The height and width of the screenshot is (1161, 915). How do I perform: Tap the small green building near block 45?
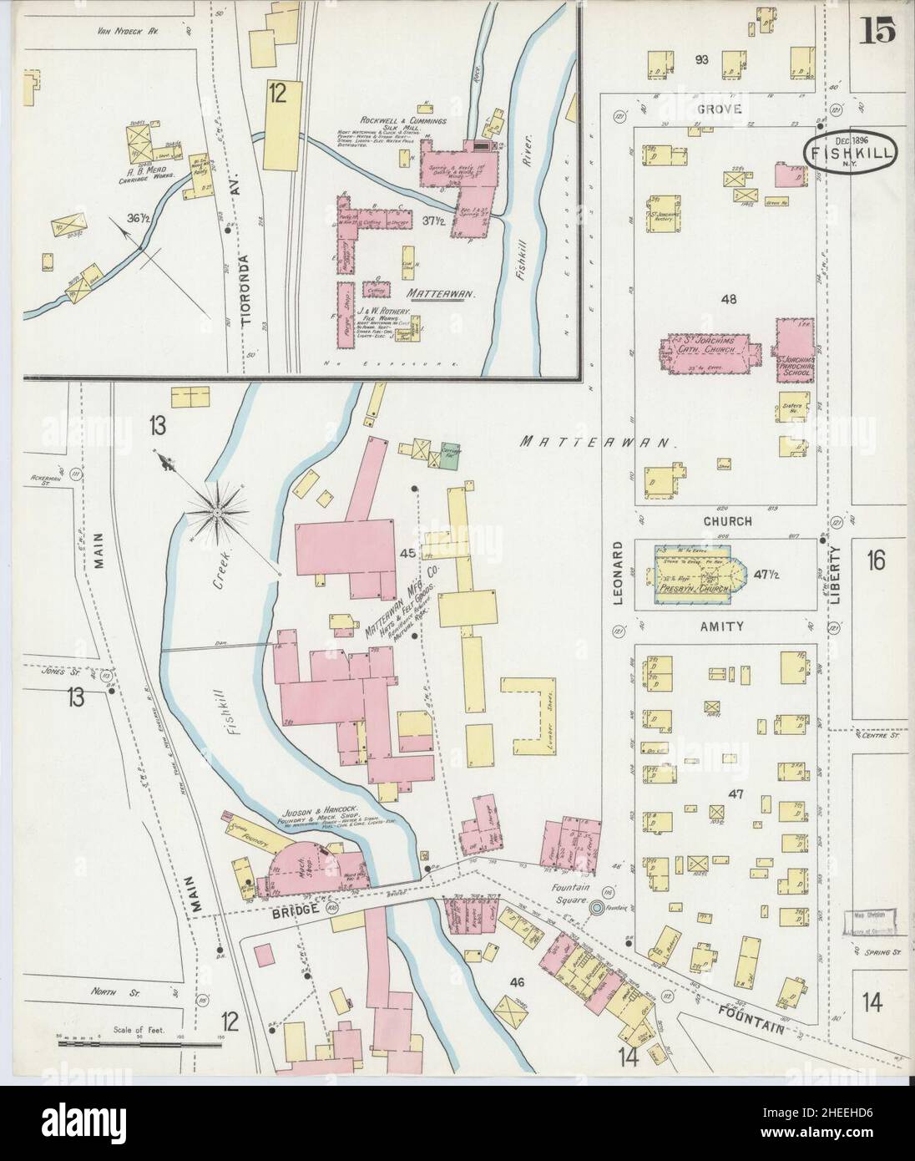[452, 451]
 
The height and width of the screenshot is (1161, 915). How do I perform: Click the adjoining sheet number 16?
[875, 560]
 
